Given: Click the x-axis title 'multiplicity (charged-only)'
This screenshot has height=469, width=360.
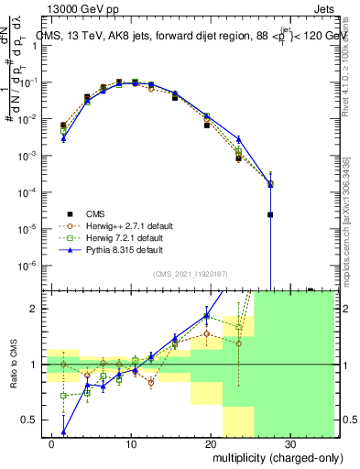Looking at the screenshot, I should tap(267, 455).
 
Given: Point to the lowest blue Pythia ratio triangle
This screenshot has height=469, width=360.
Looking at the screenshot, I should tap(64, 431).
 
